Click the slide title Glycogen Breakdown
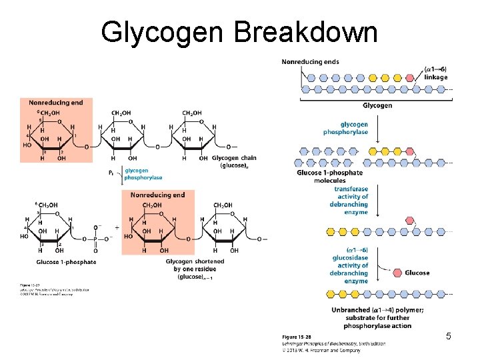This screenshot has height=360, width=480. [x=239, y=31]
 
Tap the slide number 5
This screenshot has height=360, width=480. [x=449, y=337]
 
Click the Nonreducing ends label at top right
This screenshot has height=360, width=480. [x=310, y=62]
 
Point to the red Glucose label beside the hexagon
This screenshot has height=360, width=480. [x=417, y=273]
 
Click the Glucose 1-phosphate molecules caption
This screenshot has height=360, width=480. [x=329, y=177]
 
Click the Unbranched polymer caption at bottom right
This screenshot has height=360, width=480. [x=377, y=317]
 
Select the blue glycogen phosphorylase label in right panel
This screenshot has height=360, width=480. [x=354, y=128]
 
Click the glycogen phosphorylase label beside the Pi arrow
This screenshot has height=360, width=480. [x=143, y=174]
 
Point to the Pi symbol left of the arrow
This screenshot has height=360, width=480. [x=111, y=173]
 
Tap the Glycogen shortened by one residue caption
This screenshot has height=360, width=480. [x=195, y=269]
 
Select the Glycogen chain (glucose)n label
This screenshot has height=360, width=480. [x=234, y=161]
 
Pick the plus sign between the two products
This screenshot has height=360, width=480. [x=117, y=227]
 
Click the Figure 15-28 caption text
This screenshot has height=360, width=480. [x=296, y=337]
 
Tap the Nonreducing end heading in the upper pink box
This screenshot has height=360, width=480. [x=56, y=103]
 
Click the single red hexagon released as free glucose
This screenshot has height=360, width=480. [x=391, y=272]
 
